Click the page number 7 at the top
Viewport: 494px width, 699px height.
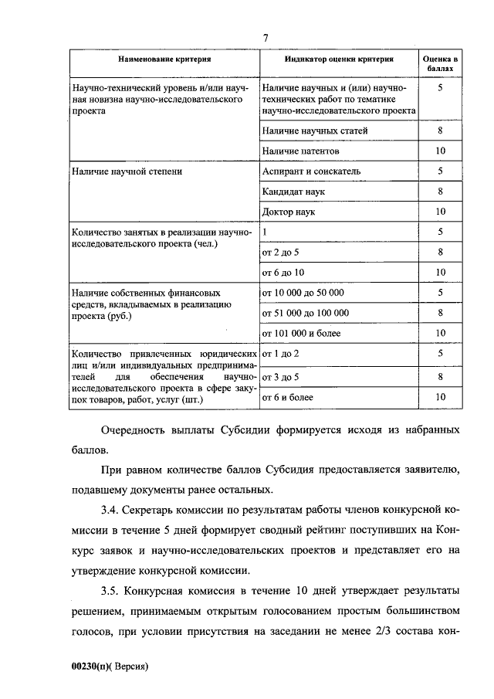265,38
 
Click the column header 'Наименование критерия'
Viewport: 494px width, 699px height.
164,59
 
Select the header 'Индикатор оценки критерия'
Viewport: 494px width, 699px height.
339,59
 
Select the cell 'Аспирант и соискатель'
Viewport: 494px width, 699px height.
311,171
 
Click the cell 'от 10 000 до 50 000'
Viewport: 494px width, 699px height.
303,293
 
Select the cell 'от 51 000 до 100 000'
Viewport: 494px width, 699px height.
306,313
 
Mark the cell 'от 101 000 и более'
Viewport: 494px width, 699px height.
302,333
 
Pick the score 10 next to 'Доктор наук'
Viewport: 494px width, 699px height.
441,211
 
